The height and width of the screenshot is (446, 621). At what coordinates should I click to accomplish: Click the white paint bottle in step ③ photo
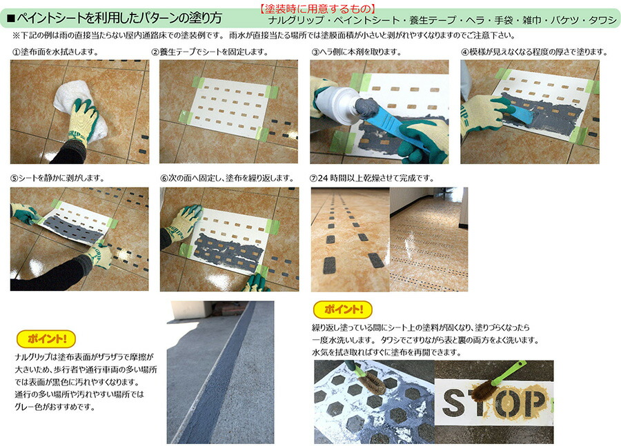coord(337,105)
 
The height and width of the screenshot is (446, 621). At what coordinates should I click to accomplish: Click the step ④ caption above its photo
coord(534,52)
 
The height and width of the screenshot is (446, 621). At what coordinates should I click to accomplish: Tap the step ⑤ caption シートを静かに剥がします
coord(58,178)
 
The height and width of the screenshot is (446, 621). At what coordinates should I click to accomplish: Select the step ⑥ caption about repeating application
coord(227,178)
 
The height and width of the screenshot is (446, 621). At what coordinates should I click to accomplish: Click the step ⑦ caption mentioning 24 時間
coord(372,178)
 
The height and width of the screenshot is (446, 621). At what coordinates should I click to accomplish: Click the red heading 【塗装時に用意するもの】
coord(317,9)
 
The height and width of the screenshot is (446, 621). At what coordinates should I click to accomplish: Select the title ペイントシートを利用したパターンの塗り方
coord(115,18)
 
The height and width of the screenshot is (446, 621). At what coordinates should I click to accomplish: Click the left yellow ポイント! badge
coord(46,338)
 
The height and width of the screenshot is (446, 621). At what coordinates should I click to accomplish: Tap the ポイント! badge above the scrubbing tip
coord(343,310)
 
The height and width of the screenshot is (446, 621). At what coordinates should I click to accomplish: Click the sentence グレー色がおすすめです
coord(55,407)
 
